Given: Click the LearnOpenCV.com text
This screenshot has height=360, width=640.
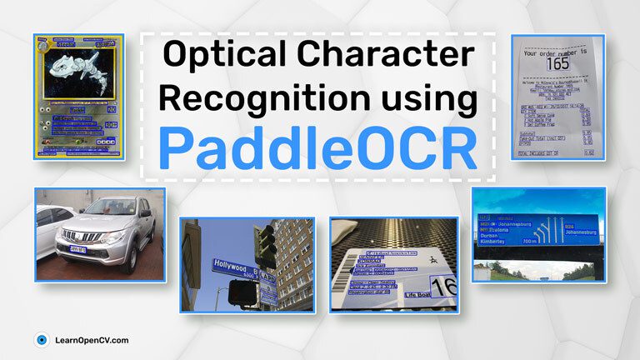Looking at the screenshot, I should pyautogui.click(x=92, y=340).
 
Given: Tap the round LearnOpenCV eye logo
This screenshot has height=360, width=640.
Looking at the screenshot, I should pyautogui.click(x=41, y=340).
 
